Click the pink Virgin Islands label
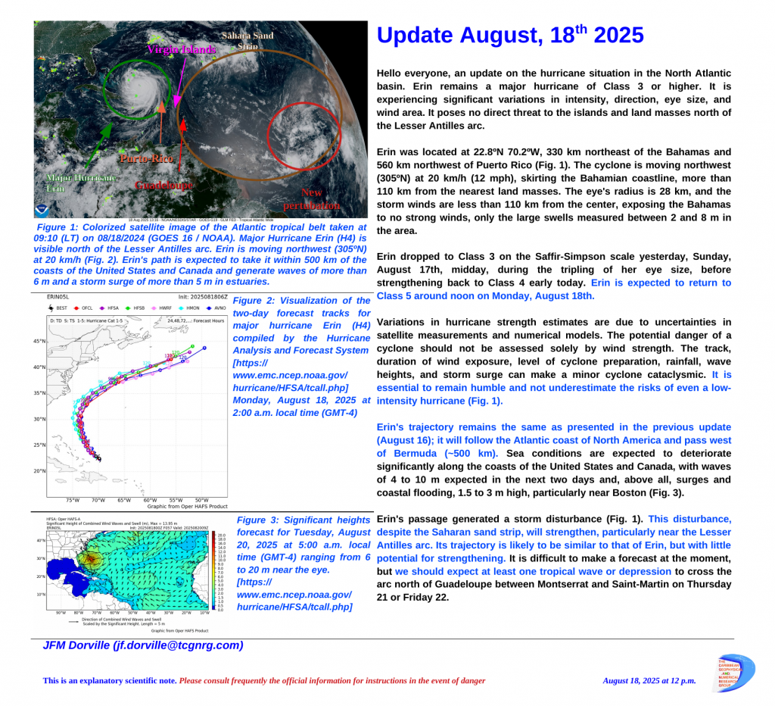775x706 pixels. point(181,50)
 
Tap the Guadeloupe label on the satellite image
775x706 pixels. point(163,186)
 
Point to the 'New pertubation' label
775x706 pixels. point(311,199)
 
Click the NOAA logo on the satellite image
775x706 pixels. point(42,210)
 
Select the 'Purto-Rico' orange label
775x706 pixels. point(147,159)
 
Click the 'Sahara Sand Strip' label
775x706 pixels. point(247,40)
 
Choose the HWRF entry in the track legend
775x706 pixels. point(163,308)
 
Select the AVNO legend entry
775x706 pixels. point(217,308)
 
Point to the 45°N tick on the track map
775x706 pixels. point(39,342)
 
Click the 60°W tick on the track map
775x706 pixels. point(150,501)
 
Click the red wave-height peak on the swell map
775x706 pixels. point(91,560)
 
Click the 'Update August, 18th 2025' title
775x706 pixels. point(509,36)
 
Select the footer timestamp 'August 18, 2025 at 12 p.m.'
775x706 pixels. point(649,681)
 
